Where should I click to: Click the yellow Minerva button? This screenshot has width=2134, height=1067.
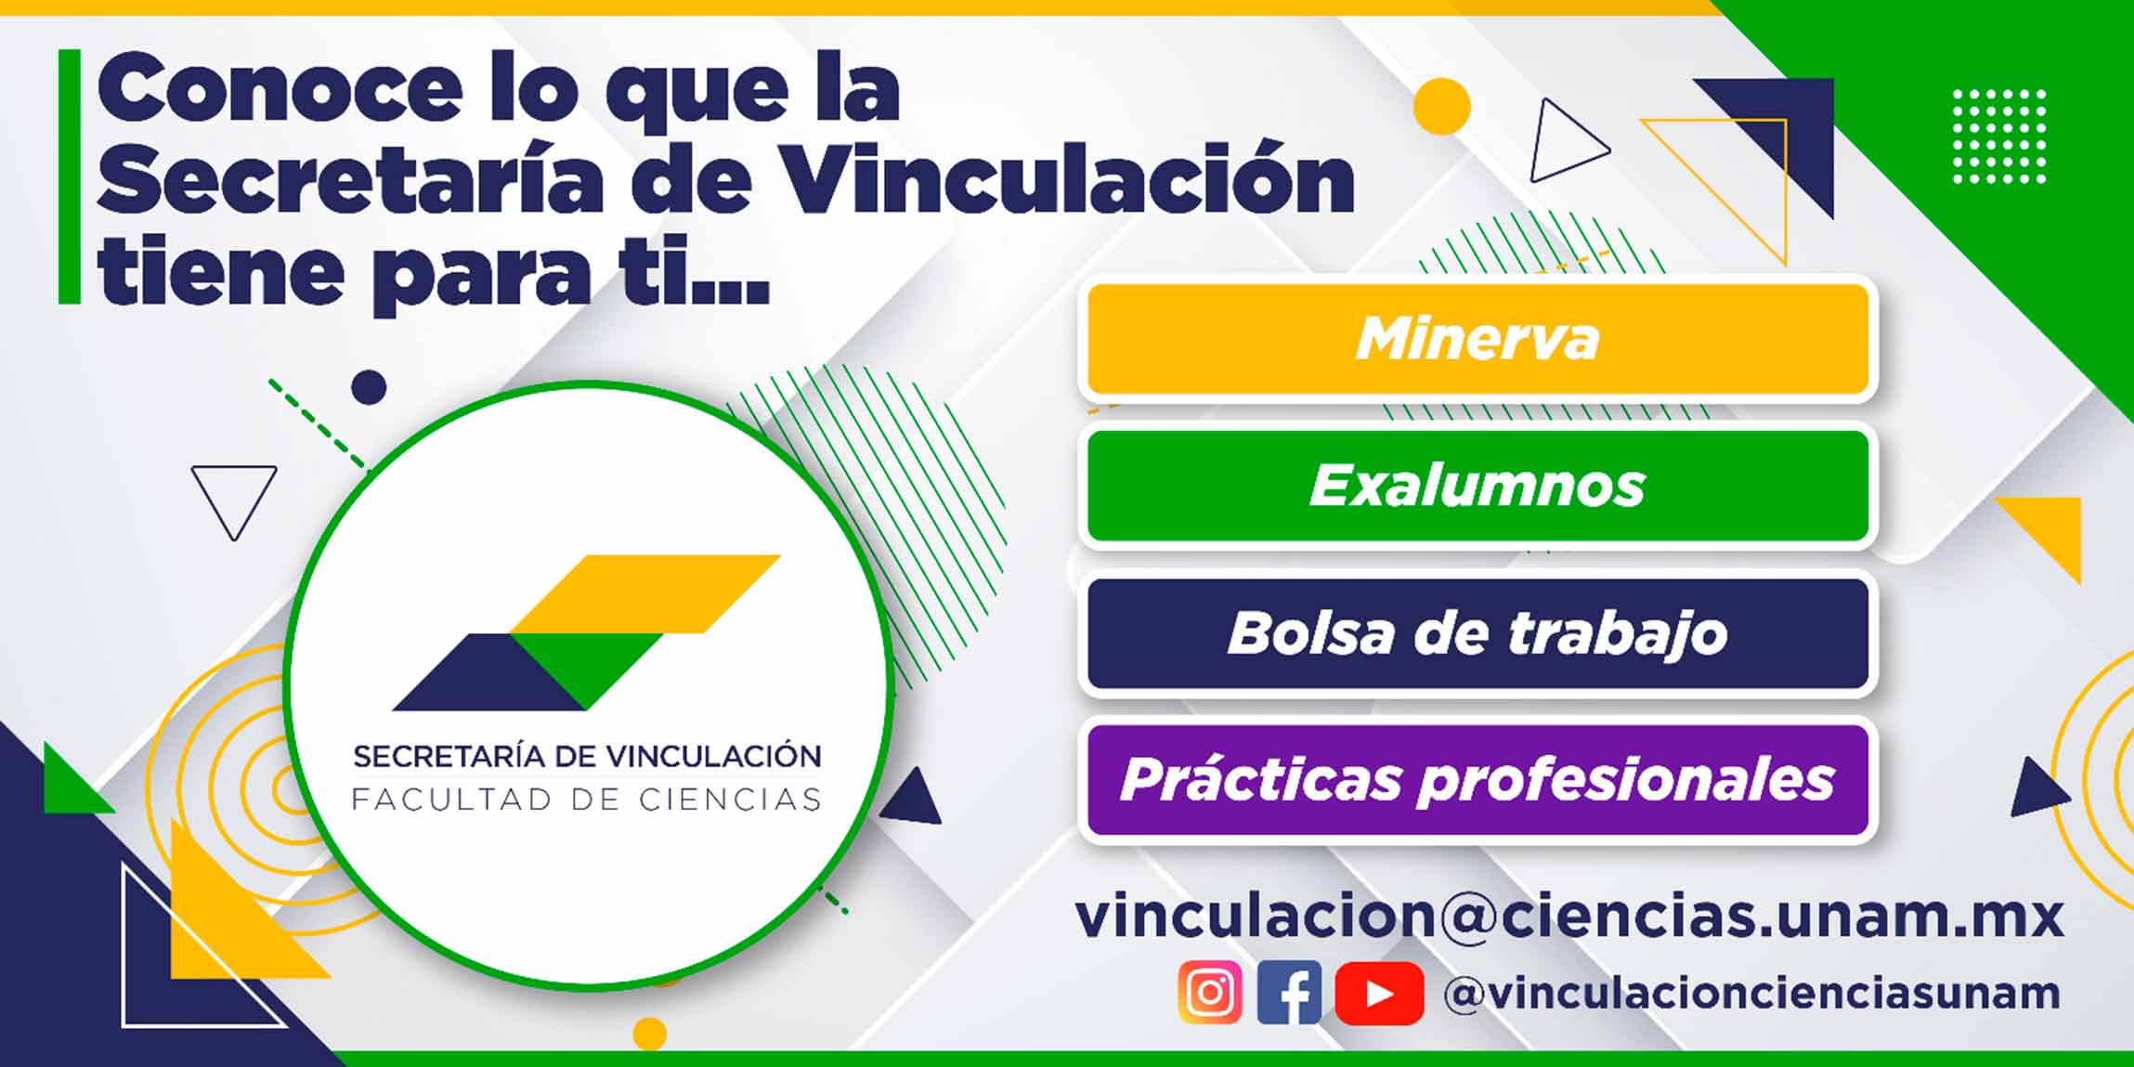coord(1477,339)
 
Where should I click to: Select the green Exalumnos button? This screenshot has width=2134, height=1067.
coord(1477,486)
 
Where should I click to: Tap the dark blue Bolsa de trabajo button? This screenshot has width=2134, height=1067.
coord(1477,633)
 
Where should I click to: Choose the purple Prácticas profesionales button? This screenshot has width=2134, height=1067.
coord(1477,780)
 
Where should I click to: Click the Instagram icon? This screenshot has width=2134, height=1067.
coord(1210,993)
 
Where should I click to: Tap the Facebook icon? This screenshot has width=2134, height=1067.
coord(1289,993)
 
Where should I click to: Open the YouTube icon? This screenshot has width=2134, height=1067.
coord(1379,993)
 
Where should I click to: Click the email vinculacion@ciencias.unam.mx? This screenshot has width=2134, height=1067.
coord(1569,916)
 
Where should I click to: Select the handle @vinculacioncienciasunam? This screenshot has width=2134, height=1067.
coord(1751,993)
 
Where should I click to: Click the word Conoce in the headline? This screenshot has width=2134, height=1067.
coord(280,89)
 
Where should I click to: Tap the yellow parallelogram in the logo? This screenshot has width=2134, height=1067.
coord(645,594)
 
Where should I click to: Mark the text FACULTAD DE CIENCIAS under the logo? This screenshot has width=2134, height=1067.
coord(587,800)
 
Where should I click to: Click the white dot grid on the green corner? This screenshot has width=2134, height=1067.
coord(1999,137)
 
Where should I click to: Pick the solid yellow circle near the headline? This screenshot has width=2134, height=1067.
coord(1442,107)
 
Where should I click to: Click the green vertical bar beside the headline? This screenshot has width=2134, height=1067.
coord(70,176)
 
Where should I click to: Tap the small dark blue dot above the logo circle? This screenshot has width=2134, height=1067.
coord(369,387)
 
